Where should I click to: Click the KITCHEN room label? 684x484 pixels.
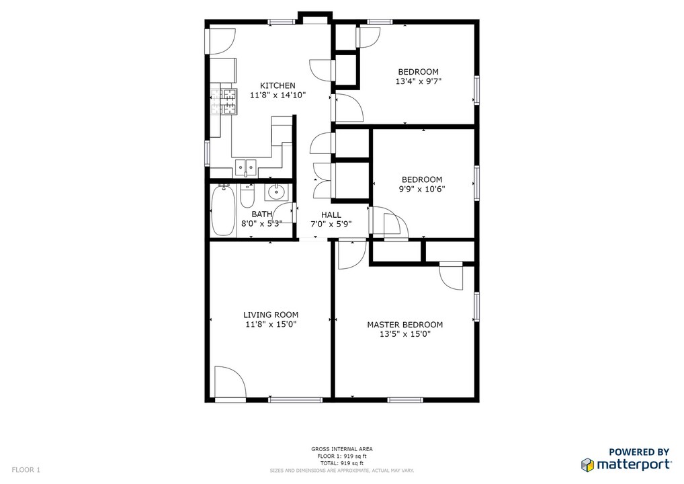click(x=277, y=85)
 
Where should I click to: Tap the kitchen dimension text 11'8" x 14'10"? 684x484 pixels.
click(x=277, y=95)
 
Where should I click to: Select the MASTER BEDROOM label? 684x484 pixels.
click(x=404, y=325)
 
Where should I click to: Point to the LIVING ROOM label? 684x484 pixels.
click(x=271, y=315)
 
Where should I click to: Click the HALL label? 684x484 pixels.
click(x=331, y=214)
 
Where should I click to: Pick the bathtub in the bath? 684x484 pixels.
click(x=222, y=210)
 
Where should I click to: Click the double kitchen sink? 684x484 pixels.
click(x=246, y=166)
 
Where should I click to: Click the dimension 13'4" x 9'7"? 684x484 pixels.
click(x=418, y=81)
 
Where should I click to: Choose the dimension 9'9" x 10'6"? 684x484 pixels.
click(x=421, y=189)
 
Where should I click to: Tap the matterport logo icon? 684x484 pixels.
click(x=587, y=465)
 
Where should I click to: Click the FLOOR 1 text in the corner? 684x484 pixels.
click(x=26, y=470)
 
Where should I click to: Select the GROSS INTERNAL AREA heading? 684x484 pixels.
click(x=341, y=449)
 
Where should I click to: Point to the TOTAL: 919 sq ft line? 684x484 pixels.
click(x=341, y=463)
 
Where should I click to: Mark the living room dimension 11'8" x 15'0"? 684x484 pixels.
click(x=271, y=324)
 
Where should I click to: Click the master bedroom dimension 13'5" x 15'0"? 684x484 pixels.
click(x=404, y=334)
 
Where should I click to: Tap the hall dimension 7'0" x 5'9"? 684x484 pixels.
click(x=331, y=224)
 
